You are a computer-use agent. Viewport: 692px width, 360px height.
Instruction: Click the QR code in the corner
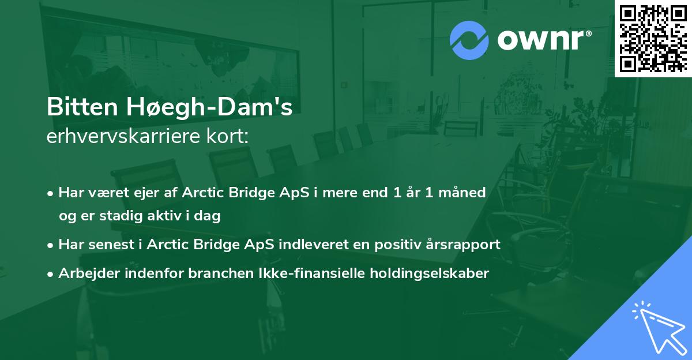pyautogui.click(x=652, y=38)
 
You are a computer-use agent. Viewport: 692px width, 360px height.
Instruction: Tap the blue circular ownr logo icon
pyautogui.click(x=469, y=40)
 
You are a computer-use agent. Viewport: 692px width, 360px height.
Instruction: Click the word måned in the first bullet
pyautogui.click(x=465, y=192)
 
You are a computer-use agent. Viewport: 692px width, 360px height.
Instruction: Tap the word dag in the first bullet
pyautogui.click(x=209, y=216)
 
